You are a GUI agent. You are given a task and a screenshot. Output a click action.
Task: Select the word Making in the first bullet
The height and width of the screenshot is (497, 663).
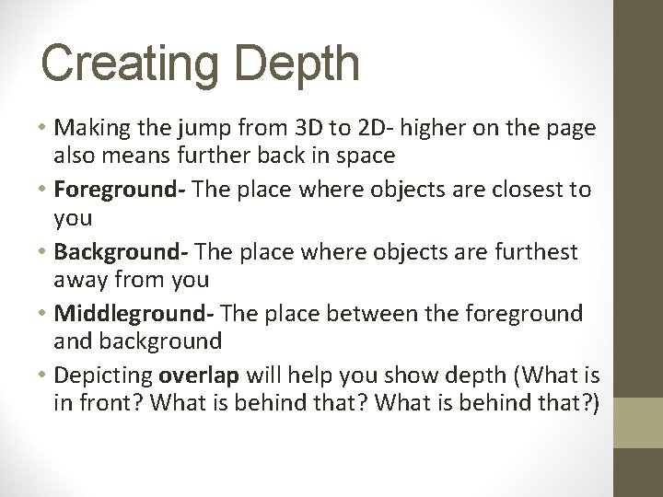tap(90, 126)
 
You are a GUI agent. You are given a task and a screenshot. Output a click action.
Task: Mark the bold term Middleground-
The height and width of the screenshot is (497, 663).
tap(134, 313)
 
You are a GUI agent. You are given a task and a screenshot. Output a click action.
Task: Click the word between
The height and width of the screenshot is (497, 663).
tap(366, 313)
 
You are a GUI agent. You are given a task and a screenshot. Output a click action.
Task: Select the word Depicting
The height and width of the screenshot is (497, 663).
tap(103, 376)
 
